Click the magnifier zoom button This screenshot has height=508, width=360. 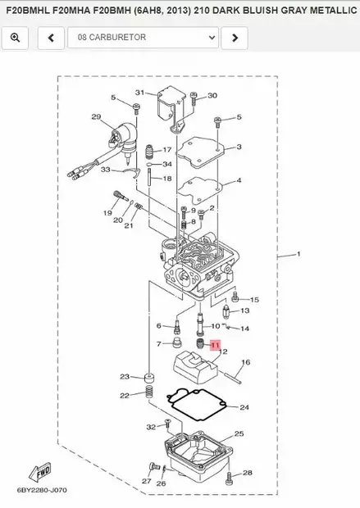pyautogui.click(x=15, y=38)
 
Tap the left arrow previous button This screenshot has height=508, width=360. pyautogui.click(x=51, y=38)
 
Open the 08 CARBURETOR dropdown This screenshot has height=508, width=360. pyautogui.click(x=143, y=38)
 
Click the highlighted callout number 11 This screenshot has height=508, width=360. pyautogui.click(x=215, y=346)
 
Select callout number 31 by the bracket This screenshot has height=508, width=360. pyautogui.click(x=139, y=93)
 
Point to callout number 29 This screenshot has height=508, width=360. pyautogui.click(x=96, y=116)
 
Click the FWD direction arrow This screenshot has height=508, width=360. pyautogui.click(x=40, y=472)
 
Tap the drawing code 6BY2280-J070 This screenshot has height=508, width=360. pyautogui.click(x=42, y=490)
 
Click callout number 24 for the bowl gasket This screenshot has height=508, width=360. pyautogui.click(x=244, y=407)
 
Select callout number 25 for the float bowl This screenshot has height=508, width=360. pyautogui.click(x=239, y=433)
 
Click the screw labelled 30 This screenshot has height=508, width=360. pyautogui.click(x=194, y=98)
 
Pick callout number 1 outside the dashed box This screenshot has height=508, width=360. pyautogui.click(x=298, y=254)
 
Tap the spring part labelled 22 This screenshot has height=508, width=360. pyautogui.click(x=149, y=392)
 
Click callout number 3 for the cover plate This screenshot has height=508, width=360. pyautogui.click(x=239, y=147)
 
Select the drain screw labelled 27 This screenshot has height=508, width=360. pyautogui.click(x=153, y=467)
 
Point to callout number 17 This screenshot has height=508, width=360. pyautogui.click(x=167, y=150)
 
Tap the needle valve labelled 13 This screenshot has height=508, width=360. pyautogui.click(x=226, y=312)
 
